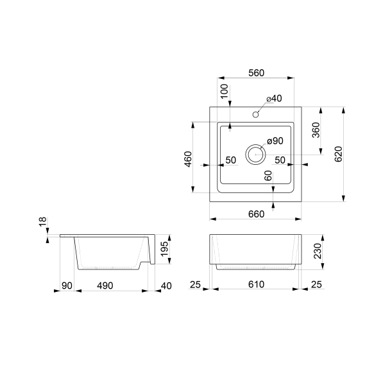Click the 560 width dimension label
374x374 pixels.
pyautogui.click(x=256, y=73)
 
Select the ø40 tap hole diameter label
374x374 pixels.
pyautogui.click(x=275, y=98)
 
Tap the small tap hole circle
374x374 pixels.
pyautogui.click(x=256, y=115)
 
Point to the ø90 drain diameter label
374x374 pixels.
pyautogui.click(x=275, y=141)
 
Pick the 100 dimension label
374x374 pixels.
pyautogui.click(x=225, y=91)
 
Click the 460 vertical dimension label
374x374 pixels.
pyautogui.click(x=188, y=159)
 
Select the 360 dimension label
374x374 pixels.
pyautogui.click(x=316, y=130)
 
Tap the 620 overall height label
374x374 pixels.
pyautogui.click(x=338, y=155)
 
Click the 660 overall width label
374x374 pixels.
pyautogui.click(x=256, y=214)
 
